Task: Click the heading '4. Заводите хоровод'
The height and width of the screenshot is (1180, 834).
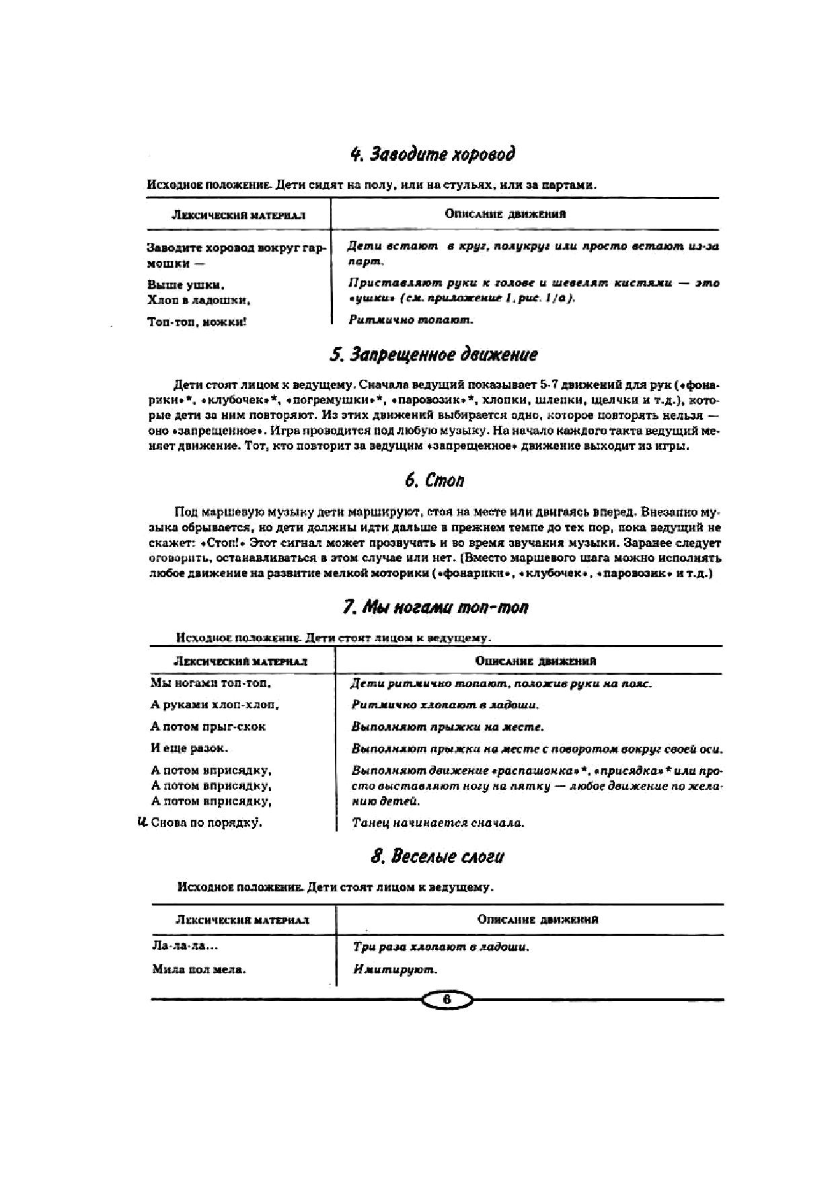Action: [x=432, y=155]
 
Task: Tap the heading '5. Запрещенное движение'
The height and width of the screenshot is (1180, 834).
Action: [x=433, y=355]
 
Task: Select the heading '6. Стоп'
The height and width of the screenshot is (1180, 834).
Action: [x=434, y=480]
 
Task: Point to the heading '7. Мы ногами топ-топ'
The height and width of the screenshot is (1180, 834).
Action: [x=435, y=607]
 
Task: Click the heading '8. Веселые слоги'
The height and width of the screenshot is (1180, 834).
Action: [x=437, y=856]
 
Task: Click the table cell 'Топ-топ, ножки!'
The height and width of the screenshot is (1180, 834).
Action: [x=196, y=322]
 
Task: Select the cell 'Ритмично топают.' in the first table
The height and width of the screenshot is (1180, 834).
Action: [x=411, y=320]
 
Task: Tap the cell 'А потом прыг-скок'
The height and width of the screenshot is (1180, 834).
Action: [x=208, y=727]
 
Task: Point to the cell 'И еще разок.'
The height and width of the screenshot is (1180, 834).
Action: [x=190, y=748]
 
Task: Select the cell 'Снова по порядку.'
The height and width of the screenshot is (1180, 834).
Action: [x=206, y=823]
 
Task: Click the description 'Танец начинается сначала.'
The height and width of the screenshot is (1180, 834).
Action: [x=438, y=822]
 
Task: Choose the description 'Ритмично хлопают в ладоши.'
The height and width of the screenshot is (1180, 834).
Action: [x=445, y=705]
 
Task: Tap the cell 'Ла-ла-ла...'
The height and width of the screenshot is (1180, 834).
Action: [x=185, y=946]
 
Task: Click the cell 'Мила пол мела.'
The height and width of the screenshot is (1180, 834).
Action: [x=198, y=969]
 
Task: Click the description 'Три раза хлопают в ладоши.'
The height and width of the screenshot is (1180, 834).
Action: [x=441, y=947]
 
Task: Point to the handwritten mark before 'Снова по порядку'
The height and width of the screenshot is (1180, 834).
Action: [x=142, y=821]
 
